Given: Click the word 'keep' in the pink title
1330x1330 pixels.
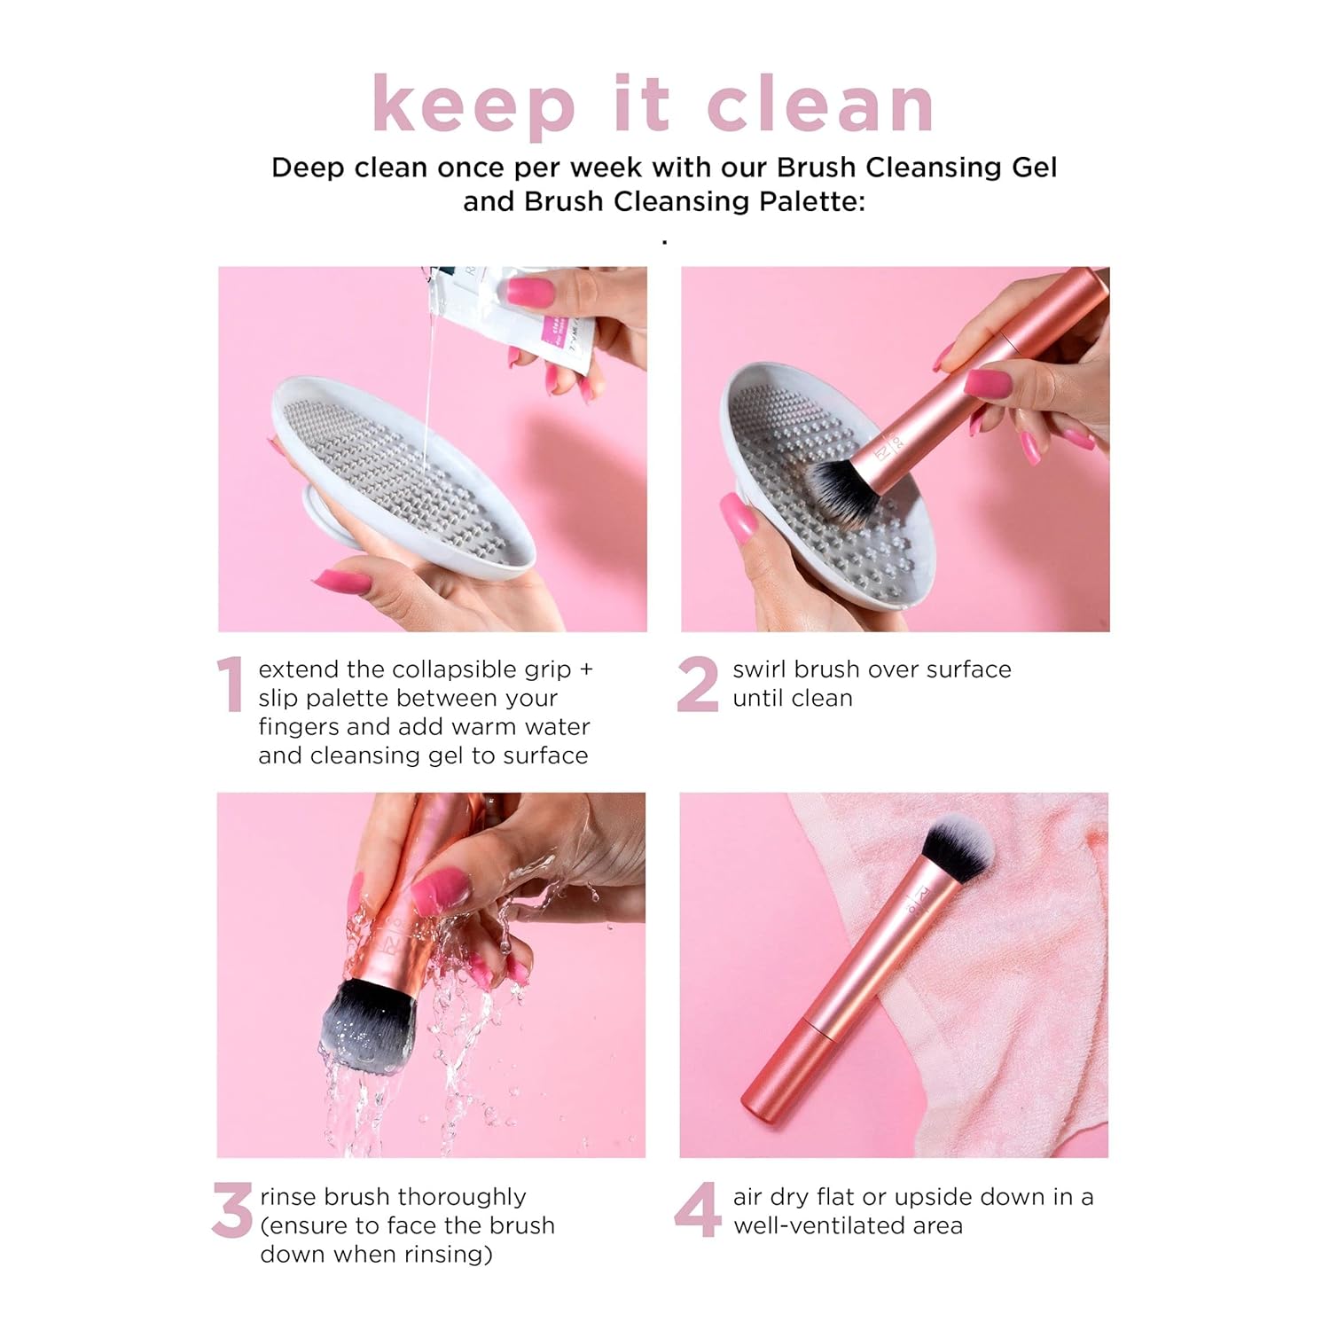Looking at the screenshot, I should click(x=473, y=106).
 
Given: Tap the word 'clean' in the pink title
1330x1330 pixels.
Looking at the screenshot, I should click(x=820, y=106).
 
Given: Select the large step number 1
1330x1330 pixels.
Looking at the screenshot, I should click(x=230, y=685).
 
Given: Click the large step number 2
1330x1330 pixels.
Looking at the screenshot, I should click(x=698, y=685).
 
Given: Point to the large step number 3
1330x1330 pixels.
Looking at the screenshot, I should click(x=232, y=1211).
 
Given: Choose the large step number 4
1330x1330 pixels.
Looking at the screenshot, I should click(x=697, y=1211).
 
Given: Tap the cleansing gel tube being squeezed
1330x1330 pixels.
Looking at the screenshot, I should click(x=532, y=310).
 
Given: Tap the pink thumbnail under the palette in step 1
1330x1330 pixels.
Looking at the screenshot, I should click(x=342, y=581).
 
